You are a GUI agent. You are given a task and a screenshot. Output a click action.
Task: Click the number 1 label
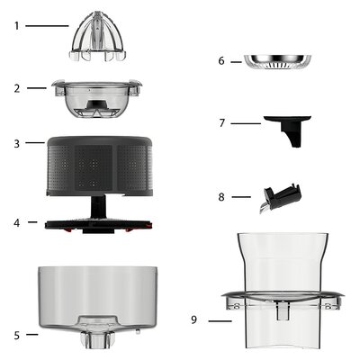17,26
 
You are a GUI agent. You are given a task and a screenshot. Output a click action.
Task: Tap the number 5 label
17,336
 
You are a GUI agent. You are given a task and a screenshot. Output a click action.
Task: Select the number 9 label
194,319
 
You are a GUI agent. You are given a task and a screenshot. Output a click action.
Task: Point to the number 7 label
222,123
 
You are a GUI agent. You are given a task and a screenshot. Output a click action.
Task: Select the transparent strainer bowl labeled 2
96,98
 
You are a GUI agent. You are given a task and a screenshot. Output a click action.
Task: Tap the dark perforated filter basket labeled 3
100,166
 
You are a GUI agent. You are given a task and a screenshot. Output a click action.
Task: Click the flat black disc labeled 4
98,226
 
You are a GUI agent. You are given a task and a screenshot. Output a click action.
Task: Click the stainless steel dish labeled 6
278,62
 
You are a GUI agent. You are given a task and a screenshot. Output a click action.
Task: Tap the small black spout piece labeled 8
280,198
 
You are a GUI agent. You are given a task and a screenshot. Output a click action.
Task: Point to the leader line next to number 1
47,26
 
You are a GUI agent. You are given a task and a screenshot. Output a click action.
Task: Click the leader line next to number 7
246,123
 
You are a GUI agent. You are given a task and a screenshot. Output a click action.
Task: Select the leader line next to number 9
220,321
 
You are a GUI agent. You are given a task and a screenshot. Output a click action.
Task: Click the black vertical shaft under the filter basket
98,207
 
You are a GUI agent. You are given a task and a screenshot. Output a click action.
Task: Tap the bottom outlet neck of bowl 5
94,340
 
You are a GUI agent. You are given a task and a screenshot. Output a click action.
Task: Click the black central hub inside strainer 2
98,104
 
